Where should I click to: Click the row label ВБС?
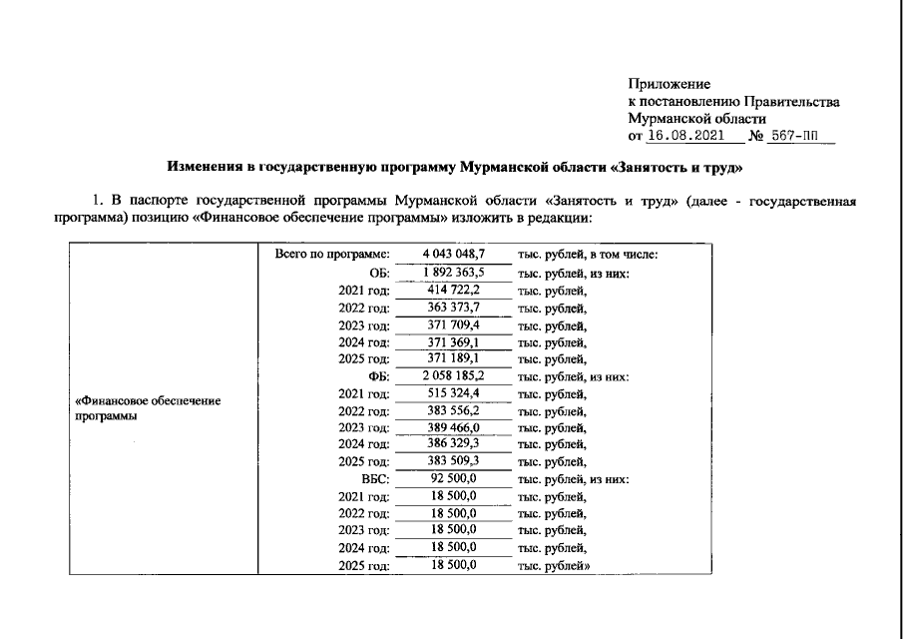tap(373, 479)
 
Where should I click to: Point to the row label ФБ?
tap(377, 376)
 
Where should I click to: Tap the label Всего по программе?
tap(330, 255)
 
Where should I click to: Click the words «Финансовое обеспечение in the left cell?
tap(148, 401)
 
